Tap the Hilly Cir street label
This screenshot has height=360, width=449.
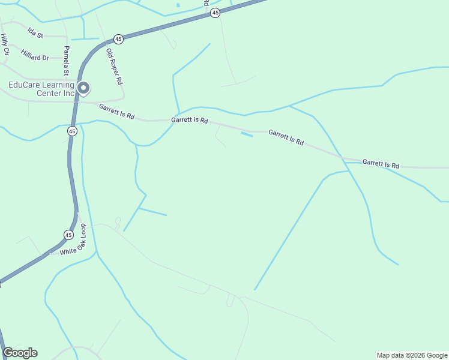point(5,45)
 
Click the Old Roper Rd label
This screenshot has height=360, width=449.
point(114,65)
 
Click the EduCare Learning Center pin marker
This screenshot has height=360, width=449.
point(83,89)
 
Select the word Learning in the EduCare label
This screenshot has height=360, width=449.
point(54,85)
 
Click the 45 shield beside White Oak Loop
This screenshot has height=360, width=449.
point(68,234)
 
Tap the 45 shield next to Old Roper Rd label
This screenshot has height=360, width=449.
point(118,39)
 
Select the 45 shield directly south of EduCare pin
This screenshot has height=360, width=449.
point(72,130)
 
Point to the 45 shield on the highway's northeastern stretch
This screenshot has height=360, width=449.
point(215,12)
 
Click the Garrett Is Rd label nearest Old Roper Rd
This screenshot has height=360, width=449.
point(116,111)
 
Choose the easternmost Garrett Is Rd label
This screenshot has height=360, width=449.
point(381,163)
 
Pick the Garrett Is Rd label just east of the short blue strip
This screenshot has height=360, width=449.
point(286,137)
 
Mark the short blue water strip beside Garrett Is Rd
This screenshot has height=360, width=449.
point(247,134)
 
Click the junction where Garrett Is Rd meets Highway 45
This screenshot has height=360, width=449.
point(76,102)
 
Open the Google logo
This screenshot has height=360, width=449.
point(20,353)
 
